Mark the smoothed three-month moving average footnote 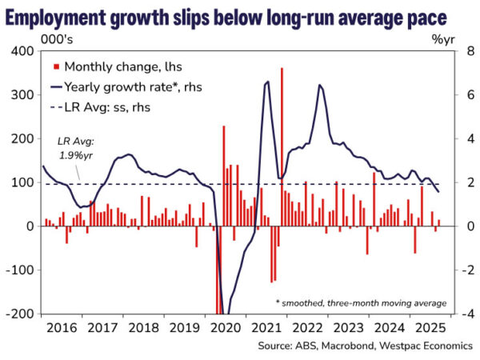point(360,304)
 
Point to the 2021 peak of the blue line point(266,82)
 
